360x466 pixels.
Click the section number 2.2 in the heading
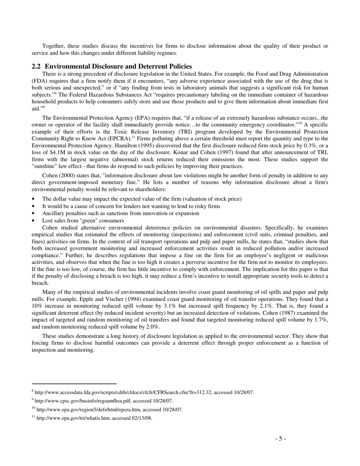tap(36, 66)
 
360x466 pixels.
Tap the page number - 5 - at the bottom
tap(280, 439)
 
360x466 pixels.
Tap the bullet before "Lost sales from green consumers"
tap(34, 220)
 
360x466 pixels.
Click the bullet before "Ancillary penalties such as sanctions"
tap(34, 213)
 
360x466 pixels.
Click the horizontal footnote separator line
tap(74, 383)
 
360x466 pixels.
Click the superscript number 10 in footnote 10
tap(33, 408)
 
